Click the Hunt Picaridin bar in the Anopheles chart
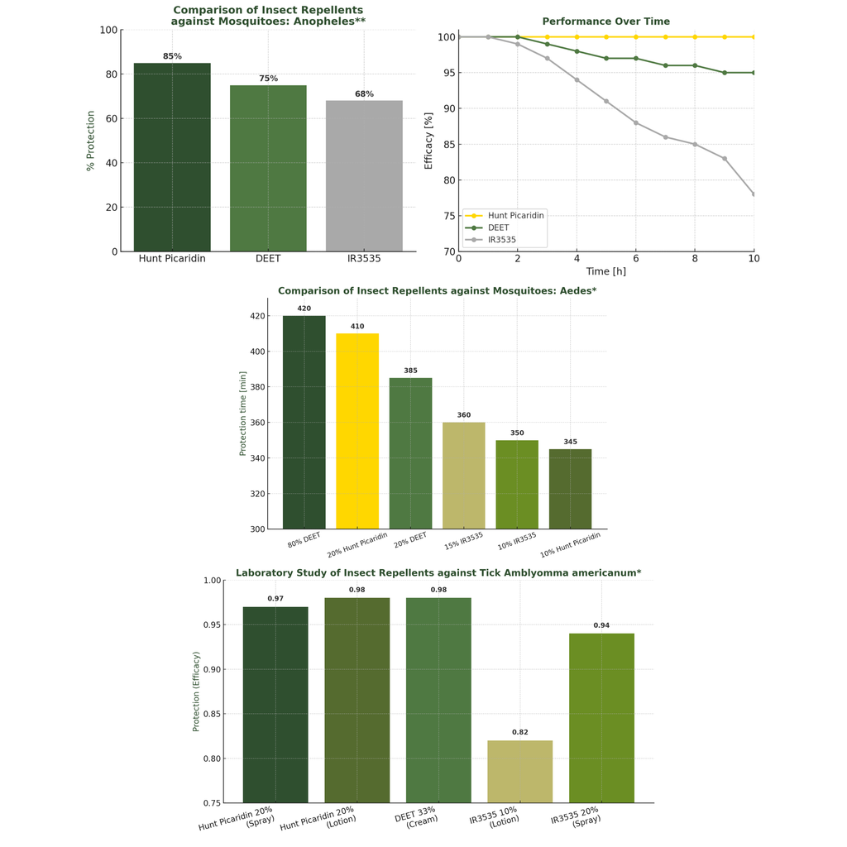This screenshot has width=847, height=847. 172,157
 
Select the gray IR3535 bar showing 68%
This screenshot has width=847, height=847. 364,176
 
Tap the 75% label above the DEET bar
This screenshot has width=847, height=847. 268,79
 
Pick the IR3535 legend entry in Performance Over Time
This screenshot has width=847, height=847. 501,240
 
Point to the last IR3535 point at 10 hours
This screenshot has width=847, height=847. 754,194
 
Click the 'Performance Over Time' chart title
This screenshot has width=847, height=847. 605,22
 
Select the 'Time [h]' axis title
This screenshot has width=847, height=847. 605,271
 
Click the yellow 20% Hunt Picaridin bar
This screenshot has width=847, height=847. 357,431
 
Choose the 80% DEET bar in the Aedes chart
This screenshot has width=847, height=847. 304,422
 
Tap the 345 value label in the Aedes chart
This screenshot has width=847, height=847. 570,442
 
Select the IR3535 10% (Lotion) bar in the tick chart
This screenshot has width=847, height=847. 519,771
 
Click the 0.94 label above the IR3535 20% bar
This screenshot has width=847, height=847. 601,625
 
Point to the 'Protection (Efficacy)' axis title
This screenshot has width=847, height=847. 196,691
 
